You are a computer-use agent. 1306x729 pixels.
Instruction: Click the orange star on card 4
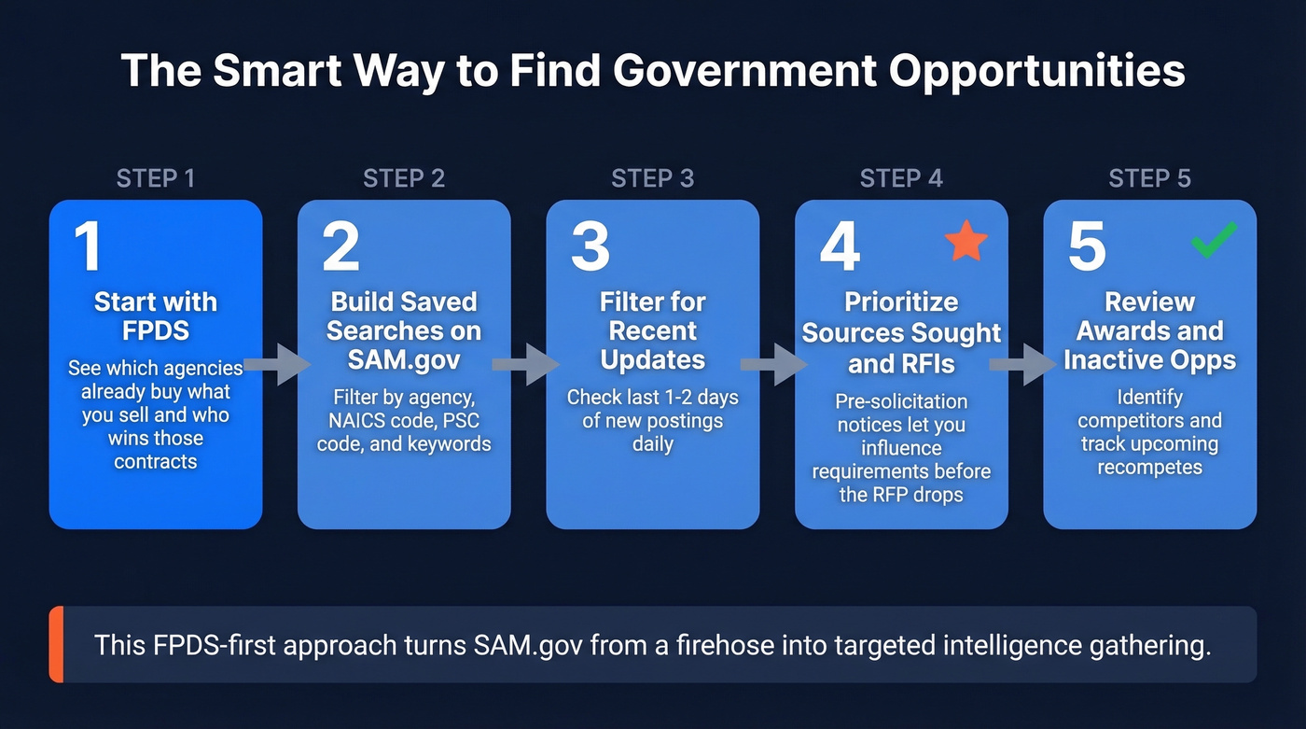[966, 241]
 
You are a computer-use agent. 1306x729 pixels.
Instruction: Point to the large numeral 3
[590, 247]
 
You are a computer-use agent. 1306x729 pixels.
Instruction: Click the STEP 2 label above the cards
[404, 178]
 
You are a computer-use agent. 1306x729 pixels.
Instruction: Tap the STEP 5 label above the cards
[1149, 178]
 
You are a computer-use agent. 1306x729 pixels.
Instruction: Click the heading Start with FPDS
[156, 316]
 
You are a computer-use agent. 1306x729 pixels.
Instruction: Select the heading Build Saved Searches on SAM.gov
[404, 330]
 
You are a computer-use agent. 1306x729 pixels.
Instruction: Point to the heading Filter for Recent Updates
[653, 330]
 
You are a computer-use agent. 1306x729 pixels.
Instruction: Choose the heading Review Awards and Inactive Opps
[1149, 330]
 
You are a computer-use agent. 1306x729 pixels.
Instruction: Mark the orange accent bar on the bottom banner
[56, 644]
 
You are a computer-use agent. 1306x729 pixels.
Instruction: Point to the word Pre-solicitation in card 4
[901, 401]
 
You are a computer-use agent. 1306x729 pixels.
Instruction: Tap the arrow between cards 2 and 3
[527, 364]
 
